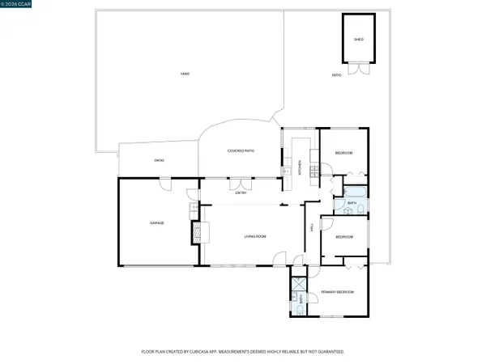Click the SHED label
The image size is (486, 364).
[358, 40]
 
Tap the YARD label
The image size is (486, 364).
[185, 75]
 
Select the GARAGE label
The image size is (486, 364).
[157, 222]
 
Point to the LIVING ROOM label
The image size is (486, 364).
[256, 236]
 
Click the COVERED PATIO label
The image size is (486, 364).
[241, 151]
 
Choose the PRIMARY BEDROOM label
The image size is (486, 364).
[335, 291]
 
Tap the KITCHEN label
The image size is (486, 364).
[301, 169]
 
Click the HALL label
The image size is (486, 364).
[312, 229]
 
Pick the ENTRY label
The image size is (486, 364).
[241, 193]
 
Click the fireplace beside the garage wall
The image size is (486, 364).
[196, 232]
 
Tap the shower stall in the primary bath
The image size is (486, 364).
[298, 284]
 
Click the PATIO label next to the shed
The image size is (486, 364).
[336, 75]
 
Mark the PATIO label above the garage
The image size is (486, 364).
[160, 160]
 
